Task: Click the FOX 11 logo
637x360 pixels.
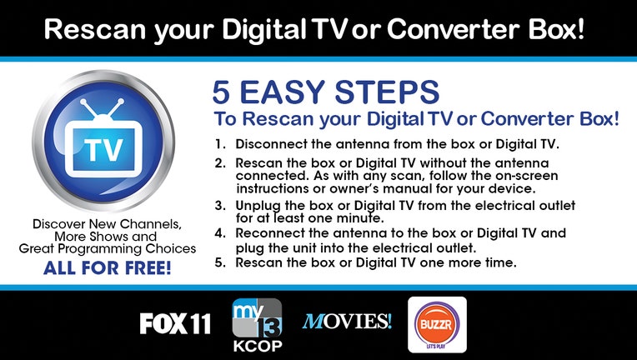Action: coord(175,323)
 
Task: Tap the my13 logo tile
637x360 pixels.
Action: coord(257,317)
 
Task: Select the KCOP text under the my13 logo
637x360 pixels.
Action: coord(258,346)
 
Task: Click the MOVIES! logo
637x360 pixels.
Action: coord(347,322)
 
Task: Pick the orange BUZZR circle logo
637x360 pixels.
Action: coord(437,324)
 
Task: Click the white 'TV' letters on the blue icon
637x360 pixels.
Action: coord(103,150)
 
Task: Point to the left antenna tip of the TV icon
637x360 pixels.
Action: coord(83,102)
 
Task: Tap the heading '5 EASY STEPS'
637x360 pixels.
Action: coord(326,92)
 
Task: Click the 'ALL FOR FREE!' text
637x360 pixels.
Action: coord(108,267)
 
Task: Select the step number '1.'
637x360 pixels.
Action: coord(220,144)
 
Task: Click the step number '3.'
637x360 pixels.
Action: coord(220,205)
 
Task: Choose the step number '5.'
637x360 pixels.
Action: coord(220,262)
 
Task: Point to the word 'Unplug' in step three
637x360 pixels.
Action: coord(258,206)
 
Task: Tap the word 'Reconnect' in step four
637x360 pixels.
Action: coord(270,233)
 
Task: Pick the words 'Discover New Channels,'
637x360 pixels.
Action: coord(108,224)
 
